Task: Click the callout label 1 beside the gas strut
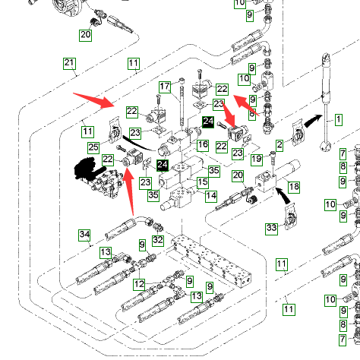pos(339,119)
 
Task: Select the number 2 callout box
pos(279,145)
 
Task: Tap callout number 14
pos(211,196)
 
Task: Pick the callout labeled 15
pos(203,182)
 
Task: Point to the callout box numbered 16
pos(203,145)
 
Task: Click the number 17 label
pos(165,87)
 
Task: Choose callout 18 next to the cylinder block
pos(294,187)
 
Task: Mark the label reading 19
pos(257,159)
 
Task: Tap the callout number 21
pos(69,63)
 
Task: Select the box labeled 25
pos(93,147)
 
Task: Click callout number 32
pos(158,240)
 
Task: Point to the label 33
pos(271,229)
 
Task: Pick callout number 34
pos(84,235)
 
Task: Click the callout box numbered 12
pos(140,284)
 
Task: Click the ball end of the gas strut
pos(326,146)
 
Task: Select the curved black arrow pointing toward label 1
pos(313,121)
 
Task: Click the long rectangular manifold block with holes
pos(211,261)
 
